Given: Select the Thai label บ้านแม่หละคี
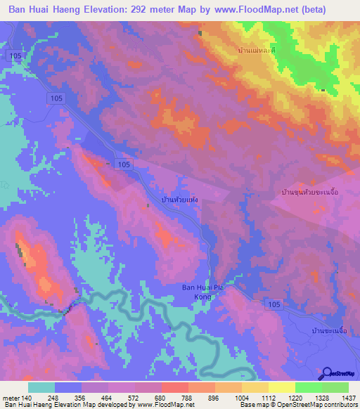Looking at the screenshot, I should (x=257, y=52).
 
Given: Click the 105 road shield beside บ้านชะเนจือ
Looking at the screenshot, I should (x=275, y=303).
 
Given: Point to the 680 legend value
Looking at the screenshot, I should (x=162, y=398).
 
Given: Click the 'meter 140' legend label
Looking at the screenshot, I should (x=15, y=398).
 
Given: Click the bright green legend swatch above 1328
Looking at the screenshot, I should (x=309, y=387).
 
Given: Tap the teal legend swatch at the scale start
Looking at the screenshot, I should (x=41, y=387).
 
